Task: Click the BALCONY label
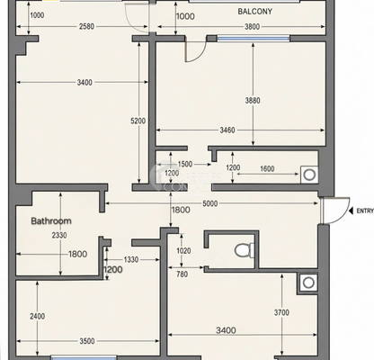click(x=255, y=12)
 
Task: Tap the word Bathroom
click(x=51, y=221)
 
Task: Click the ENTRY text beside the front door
click(x=365, y=211)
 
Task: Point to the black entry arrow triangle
click(x=351, y=211)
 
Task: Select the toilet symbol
click(x=245, y=250)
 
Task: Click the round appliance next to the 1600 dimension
click(x=309, y=175)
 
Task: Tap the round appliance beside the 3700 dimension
click(x=308, y=283)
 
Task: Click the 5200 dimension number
click(x=138, y=121)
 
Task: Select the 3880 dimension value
click(x=253, y=100)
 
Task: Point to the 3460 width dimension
click(x=227, y=130)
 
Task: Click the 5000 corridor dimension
click(x=210, y=204)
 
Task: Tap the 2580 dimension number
click(x=86, y=26)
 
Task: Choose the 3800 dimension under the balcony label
click(x=252, y=27)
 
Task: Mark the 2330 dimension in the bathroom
click(x=59, y=235)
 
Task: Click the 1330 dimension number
click(x=131, y=259)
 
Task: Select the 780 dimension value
click(x=183, y=274)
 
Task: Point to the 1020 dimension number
click(x=183, y=250)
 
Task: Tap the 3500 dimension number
click(x=87, y=341)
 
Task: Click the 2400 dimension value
click(x=38, y=316)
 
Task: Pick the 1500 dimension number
click(x=185, y=164)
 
